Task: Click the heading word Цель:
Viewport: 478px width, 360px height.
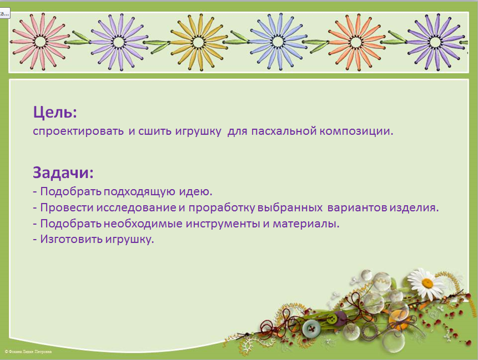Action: pyautogui.click(x=55, y=112)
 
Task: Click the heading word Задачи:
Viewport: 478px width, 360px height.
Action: pyautogui.click(x=63, y=173)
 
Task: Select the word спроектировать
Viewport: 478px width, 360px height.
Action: pyautogui.click(x=78, y=131)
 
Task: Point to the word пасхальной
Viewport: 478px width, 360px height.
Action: pyautogui.click(x=284, y=131)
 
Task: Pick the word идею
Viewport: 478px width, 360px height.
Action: pyautogui.click(x=195, y=191)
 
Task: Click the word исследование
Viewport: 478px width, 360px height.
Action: pyautogui.click(x=136, y=207)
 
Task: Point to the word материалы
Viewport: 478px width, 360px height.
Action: pyautogui.click(x=306, y=224)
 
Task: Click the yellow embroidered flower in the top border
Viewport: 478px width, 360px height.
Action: pyautogui.click(x=198, y=42)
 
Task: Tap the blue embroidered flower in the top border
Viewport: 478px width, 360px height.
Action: pyautogui.click(x=278, y=42)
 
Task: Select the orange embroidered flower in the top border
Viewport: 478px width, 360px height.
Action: pyautogui.click(x=356, y=42)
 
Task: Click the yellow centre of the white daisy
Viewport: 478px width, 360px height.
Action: pyautogui.click(x=427, y=283)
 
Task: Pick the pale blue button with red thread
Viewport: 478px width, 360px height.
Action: pyautogui.click(x=311, y=328)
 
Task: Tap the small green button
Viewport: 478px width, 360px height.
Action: pyautogui.click(x=331, y=319)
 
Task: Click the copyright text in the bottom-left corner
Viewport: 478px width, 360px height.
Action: pyautogui.click(x=28, y=352)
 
